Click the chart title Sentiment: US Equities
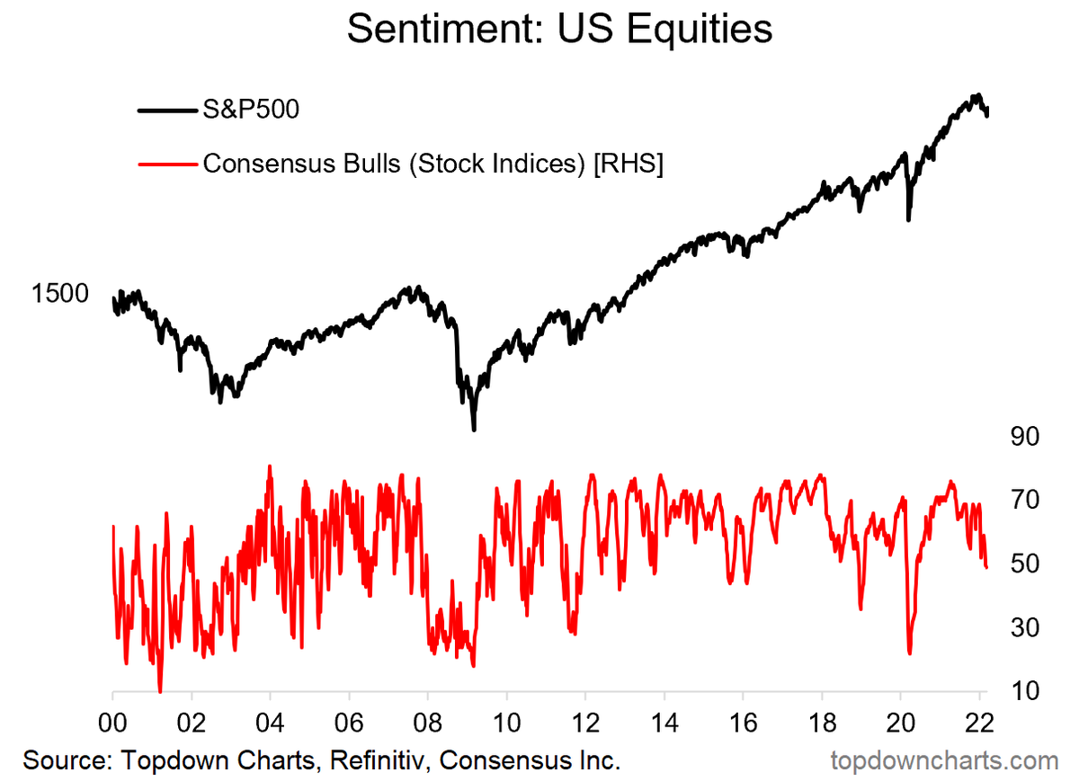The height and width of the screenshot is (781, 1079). tap(559, 31)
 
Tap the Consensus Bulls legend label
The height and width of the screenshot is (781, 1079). tap(432, 164)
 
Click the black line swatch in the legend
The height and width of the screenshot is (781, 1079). tap(167, 111)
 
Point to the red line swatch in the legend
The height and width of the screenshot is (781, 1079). tap(167, 164)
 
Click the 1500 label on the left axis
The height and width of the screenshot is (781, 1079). tap(60, 294)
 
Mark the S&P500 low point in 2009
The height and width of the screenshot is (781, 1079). tap(474, 430)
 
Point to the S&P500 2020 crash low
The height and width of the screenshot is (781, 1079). tap(908, 218)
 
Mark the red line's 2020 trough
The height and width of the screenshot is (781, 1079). tap(910, 653)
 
